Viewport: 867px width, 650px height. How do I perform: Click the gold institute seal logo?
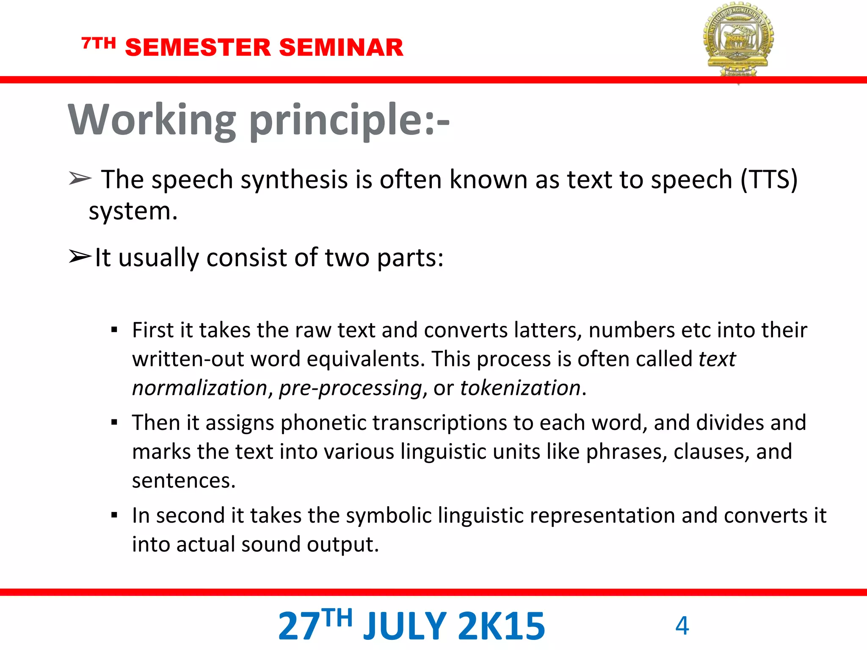738,40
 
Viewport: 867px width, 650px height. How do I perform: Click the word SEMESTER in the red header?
198,47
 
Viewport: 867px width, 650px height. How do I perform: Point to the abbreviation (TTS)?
769,179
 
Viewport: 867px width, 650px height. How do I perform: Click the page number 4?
682,625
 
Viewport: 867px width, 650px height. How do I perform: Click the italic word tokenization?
520,388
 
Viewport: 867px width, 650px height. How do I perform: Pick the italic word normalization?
199,388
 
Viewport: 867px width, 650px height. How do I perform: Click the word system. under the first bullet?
133,212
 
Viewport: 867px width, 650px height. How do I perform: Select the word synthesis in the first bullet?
294,180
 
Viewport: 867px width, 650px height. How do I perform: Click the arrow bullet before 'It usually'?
80,256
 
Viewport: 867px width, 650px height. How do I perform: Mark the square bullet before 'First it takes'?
114,330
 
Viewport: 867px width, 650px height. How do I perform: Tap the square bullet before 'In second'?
114,515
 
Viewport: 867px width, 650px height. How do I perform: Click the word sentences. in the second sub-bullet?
184,481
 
